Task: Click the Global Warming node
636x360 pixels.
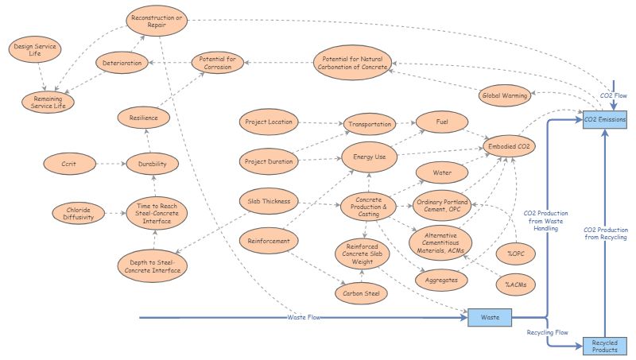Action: (504, 96)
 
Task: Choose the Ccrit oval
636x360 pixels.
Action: (68, 164)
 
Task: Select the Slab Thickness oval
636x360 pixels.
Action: (268, 200)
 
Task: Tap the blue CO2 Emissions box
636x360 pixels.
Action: (605, 119)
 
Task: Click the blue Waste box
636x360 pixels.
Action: (491, 317)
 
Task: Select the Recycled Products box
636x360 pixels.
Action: (605, 346)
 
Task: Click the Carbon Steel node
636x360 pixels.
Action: (360, 294)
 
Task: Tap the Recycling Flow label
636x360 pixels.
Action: (547, 331)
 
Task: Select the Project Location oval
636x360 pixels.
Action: (269, 122)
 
